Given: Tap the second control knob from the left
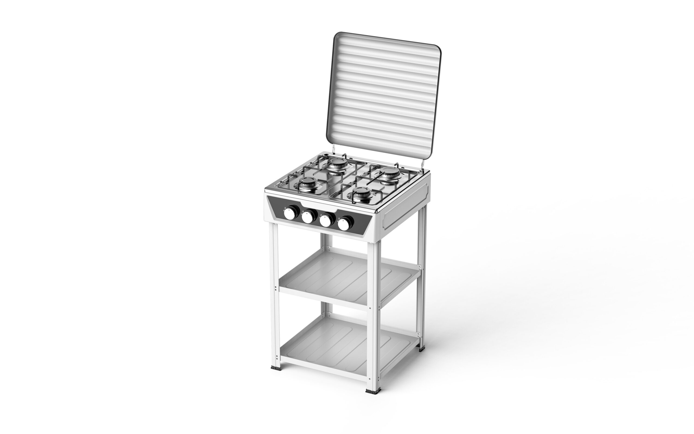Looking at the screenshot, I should coord(307,217).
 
